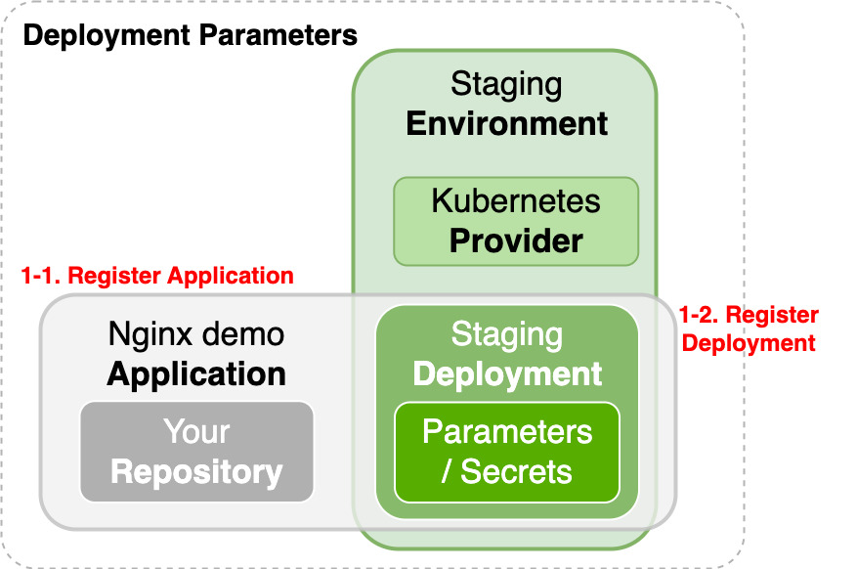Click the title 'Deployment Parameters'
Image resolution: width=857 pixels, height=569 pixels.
191,36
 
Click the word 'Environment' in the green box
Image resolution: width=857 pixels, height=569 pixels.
506,123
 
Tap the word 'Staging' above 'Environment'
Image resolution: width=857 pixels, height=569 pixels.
506,84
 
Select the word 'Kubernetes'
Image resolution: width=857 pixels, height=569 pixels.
516,200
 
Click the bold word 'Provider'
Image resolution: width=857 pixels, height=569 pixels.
516,240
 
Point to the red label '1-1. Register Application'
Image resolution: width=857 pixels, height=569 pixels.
157,276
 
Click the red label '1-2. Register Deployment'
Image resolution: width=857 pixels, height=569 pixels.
749,329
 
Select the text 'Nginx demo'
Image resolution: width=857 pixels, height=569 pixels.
196,334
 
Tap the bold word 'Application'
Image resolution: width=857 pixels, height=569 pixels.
196,373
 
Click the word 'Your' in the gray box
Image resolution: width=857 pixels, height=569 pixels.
196,431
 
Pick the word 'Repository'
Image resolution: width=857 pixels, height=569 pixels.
196,471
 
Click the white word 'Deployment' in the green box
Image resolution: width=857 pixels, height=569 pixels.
507,373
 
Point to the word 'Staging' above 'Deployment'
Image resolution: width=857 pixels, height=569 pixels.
507,334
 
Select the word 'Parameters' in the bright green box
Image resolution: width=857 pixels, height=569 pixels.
507,431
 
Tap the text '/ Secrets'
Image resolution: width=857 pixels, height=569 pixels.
507,471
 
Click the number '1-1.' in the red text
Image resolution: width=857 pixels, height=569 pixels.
41,276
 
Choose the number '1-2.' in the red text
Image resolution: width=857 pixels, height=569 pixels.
700,316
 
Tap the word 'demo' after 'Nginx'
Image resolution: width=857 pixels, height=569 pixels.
239,334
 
